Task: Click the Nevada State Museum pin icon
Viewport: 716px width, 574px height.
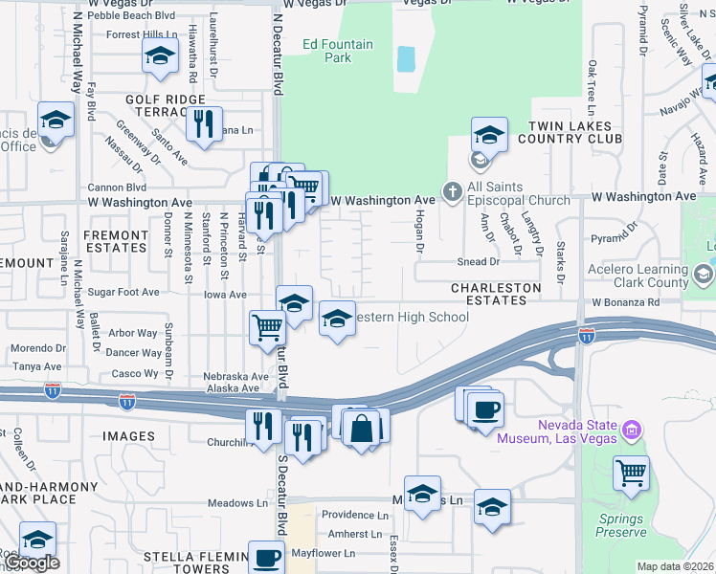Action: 630,430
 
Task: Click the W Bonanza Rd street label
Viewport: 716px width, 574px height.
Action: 625,302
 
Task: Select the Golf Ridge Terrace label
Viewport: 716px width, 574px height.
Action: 165,105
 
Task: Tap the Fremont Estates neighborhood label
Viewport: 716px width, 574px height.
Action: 115,241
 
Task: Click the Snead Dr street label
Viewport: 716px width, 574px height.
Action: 479,261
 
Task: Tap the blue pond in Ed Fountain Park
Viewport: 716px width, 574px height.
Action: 406,59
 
